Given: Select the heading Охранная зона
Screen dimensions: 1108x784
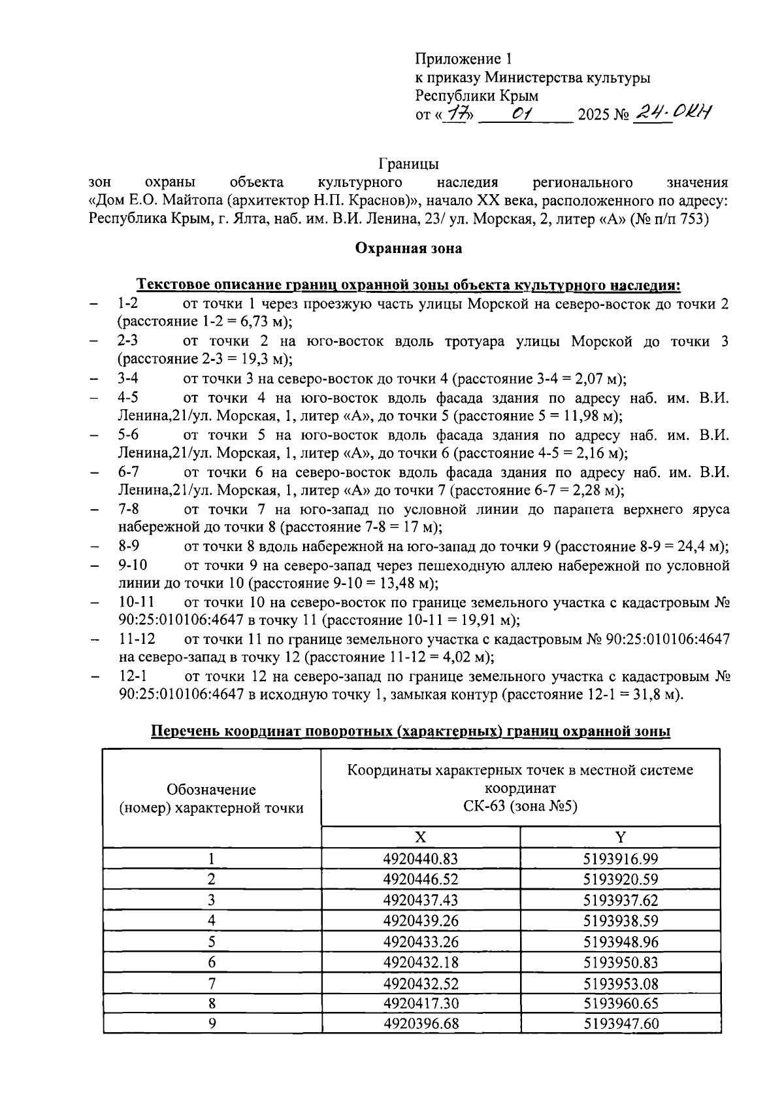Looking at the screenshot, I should (408, 248).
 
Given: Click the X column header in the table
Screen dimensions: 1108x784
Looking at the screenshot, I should (421, 837).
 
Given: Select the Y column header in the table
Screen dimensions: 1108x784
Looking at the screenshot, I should (621, 837).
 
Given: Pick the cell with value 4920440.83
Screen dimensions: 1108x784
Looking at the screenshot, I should (421, 859).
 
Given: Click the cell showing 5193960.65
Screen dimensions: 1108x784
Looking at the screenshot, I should (621, 1003).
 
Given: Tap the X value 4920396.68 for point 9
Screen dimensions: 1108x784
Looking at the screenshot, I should (421, 1024).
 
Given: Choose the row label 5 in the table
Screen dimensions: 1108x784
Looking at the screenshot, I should (212, 942).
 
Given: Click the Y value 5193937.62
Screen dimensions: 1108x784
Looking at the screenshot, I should (621, 900).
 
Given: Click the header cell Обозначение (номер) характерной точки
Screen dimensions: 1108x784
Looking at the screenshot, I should (212, 799).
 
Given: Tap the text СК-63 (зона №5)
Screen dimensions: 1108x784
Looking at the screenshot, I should (521, 806).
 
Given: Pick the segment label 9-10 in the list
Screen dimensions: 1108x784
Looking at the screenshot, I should (133, 565).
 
